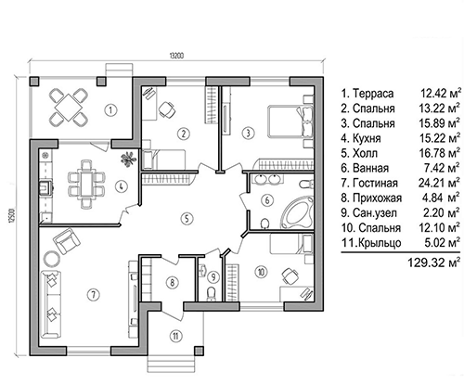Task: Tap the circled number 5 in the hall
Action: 187,219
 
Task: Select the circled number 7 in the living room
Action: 94,294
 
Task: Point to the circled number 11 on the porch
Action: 175,336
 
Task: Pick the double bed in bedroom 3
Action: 290,121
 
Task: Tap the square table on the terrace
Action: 69,108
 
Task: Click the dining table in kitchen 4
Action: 85,183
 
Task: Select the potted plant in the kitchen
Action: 128,159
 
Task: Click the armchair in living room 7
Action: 67,240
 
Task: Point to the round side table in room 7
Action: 51,259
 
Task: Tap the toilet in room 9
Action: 212,293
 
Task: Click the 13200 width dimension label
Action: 176,56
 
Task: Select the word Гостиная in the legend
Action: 375,183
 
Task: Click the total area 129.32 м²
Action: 433,262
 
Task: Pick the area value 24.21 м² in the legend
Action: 439,183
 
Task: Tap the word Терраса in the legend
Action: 373,93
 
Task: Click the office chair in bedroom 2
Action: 167,109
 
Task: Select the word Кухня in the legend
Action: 367,138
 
